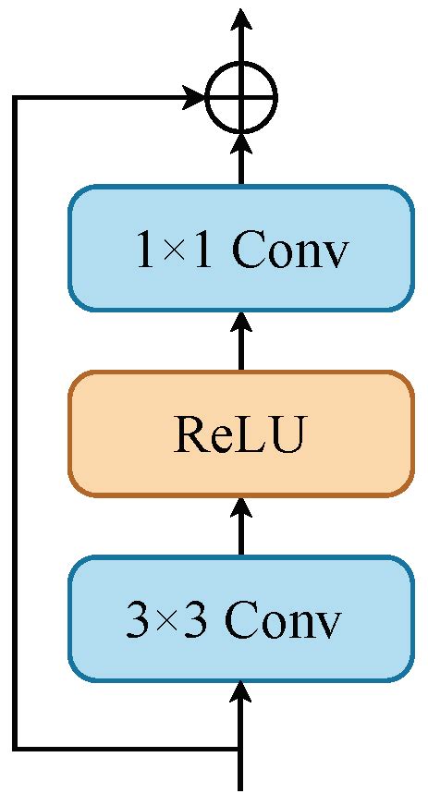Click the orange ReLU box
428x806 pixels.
(x=240, y=434)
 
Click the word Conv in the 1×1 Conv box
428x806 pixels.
(x=289, y=250)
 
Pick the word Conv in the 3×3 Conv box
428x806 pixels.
(x=284, y=622)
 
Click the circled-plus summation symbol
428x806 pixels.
(x=241, y=96)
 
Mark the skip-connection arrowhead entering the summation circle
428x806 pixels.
(x=196, y=96)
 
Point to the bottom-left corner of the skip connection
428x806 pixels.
(x=16, y=747)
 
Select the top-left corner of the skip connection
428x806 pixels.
(x=16, y=96)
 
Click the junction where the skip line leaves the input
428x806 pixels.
(x=241, y=747)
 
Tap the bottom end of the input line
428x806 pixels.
(x=241, y=788)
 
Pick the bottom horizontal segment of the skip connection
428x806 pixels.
(x=129, y=747)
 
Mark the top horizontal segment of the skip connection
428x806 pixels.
(x=102, y=96)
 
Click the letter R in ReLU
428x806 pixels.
(x=188, y=434)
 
